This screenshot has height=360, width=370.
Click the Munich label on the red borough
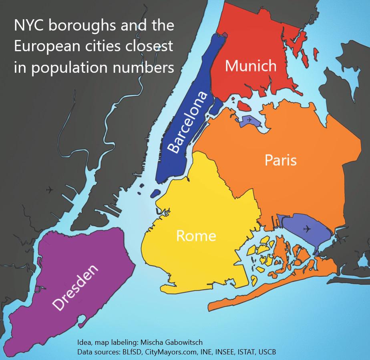(251, 66)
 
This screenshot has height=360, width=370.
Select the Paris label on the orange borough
(281, 160)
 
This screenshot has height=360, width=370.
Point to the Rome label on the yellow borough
(196, 236)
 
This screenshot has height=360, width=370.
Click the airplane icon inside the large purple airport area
(307, 229)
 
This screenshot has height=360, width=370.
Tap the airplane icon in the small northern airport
(249, 120)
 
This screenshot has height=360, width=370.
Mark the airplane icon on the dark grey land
(49, 190)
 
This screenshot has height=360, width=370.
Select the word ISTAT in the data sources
(243, 352)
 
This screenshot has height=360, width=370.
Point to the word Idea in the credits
(84, 342)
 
